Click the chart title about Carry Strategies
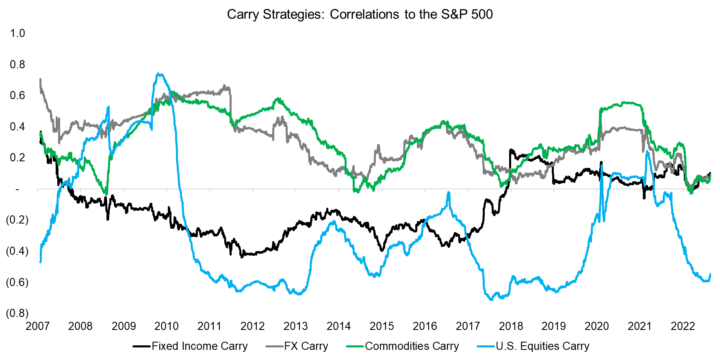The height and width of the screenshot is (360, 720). coord(360,14)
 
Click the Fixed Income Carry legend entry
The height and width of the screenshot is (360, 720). coord(199,346)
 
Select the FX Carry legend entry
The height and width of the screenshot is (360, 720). coord(306,346)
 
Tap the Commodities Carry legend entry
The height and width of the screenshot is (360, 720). coord(412,346)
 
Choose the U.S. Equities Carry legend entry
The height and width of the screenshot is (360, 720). coord(542,346)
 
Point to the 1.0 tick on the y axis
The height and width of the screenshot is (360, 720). coord(17,33)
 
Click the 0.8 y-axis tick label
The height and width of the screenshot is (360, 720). coord(17,64)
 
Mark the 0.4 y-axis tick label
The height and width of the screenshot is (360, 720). coord(17,126)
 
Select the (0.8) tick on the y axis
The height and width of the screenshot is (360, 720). coord(17,313)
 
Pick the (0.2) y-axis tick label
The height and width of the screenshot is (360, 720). coord(17,220)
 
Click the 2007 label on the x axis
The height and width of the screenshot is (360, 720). coord(37,326)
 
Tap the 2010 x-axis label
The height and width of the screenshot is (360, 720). coord(167,326)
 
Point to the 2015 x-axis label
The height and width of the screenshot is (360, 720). coord(382,326)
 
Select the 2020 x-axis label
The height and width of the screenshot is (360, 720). coord(596,326)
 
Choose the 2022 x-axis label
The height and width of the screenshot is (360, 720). coord(683,326)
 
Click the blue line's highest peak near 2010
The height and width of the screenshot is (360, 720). coord(159,74)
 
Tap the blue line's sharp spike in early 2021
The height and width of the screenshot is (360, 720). coord(646,152)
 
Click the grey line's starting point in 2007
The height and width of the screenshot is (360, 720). coord(40,80)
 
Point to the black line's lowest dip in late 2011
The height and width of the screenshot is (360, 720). coord(242,257)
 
